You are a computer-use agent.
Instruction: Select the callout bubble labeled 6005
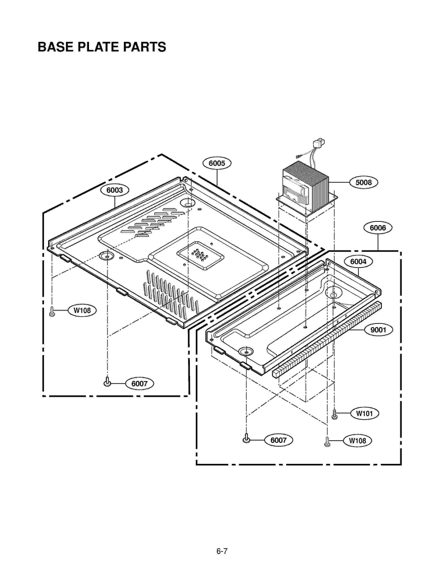[x=217, y=163]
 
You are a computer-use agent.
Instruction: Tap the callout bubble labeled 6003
[x=115, y=190]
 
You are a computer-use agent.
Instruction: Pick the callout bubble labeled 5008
[x=364, y=183]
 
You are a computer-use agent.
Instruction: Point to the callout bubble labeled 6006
[x=378, y=228]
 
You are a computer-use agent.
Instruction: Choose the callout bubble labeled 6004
[x=358, y=262]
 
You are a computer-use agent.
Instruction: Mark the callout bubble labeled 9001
[x=378, y=330]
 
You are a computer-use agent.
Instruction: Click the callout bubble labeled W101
[x=364, y=414]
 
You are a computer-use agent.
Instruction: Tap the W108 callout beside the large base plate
[x=82, y=310]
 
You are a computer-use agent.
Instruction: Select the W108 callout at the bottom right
[x=357, y=441]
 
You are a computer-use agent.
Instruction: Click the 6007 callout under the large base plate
[x=139, y=384]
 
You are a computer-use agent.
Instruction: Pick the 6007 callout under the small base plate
[x=278, y=440]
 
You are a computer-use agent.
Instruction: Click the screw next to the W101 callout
[x=335, y=414]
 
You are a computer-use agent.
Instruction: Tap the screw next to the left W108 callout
[x=52, y=311]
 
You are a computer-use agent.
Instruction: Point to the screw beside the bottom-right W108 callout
[x=327, y=441]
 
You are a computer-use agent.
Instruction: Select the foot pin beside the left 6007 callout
[x=107, y=382]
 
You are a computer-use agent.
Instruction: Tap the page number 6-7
[x=222, y=551]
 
